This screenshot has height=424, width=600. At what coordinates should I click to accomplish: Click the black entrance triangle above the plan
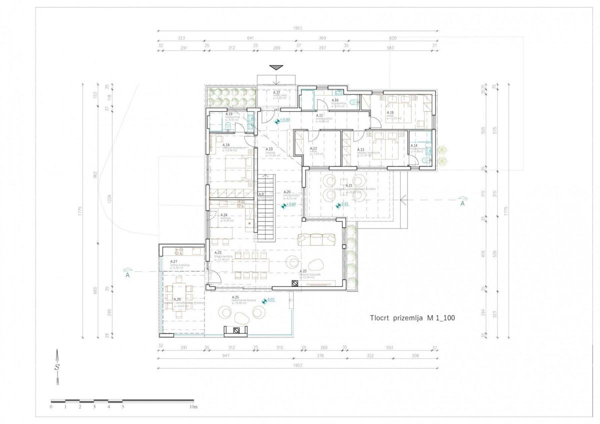point(275,67)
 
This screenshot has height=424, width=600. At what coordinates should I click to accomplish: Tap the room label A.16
point(335,100)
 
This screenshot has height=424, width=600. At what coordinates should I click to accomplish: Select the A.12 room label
point(313,148)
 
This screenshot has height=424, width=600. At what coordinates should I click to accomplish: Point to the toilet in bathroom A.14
point(425,159)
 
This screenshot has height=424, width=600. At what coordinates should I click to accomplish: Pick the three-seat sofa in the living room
point(316,239)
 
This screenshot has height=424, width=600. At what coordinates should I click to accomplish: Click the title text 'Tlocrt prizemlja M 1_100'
point(412,317)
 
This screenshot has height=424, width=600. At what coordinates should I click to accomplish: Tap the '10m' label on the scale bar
point(193,407)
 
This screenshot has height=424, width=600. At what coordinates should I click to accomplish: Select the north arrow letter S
point(57,367)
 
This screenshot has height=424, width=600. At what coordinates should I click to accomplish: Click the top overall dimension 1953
point(298,28)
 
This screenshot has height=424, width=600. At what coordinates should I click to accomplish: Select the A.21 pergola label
point(349,185)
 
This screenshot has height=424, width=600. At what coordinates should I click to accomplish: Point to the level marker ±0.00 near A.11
point(283,120)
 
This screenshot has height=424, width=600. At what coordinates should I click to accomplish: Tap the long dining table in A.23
point(252,264)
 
